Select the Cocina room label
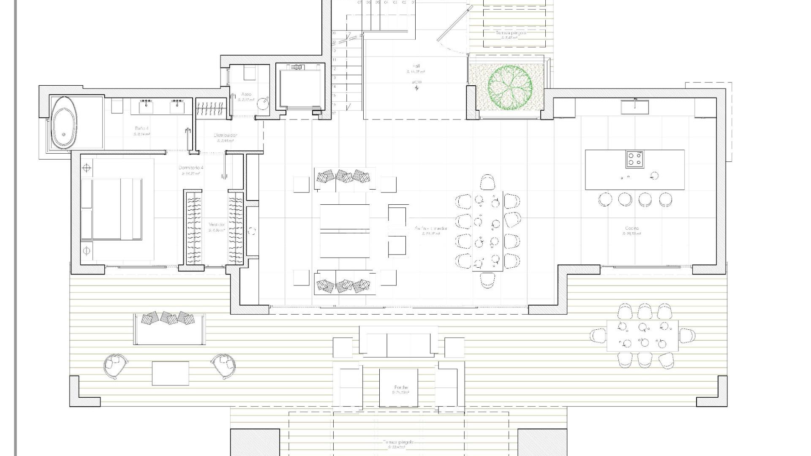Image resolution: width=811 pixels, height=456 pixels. point(632,228)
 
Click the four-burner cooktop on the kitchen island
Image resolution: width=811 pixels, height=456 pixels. point(634,159)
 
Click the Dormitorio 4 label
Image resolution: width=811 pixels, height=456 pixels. point(191,168)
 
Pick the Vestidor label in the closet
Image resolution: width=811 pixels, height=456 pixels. point(217,225)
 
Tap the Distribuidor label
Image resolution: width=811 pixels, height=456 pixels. point(226,136)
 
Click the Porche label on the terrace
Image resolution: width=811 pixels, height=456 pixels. point(401,388)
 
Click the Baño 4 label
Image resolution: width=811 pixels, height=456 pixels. point(142,128)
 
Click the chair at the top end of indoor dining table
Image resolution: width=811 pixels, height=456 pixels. point(487,182)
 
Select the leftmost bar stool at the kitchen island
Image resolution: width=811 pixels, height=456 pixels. point(605,199)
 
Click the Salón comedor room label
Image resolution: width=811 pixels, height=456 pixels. point(431,229)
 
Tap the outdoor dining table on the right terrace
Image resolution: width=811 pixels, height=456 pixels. point(642,336)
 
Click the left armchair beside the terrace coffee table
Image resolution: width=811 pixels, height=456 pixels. point(115,365)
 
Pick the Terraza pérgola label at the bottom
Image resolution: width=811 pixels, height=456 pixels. point(399,442)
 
